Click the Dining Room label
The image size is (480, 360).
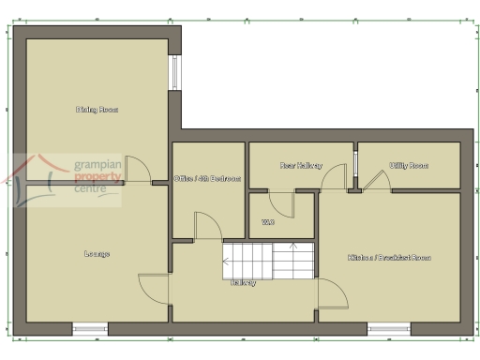tap(97, 110)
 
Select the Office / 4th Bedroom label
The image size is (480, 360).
tap(208, 179)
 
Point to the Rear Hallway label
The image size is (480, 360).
tap(300, 165)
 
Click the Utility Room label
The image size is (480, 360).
tap(409, 165)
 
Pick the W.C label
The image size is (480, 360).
tap(268, 222)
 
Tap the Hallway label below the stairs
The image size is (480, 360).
tap(244, 282)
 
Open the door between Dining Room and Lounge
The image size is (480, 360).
tap(137, 169)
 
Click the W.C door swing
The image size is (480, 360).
tap(280, 203)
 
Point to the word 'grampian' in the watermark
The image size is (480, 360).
tap(97, 164)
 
